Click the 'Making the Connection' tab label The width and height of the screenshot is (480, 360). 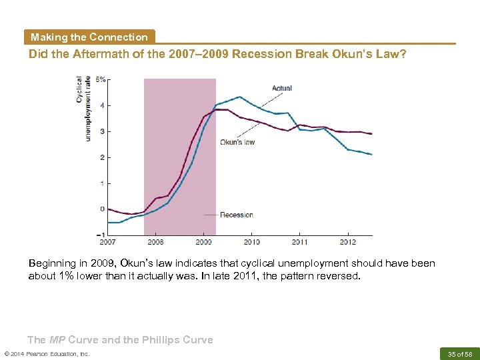click(89, 37)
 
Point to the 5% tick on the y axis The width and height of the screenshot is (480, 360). click(101, 79)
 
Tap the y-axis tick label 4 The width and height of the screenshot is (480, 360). click(102, 105)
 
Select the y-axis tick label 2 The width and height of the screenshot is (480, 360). click(102, 157)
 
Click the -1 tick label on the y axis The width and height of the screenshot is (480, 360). click(100, 235)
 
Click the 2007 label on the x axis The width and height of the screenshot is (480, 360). click(107, 242)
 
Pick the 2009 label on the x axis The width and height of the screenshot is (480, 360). click(203, 242)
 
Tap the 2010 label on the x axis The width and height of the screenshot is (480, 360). click(252, 242)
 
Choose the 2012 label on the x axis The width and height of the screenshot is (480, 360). click(347, 242)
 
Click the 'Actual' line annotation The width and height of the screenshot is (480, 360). click(281, 88)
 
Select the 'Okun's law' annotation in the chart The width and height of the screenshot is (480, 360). click(237, 142)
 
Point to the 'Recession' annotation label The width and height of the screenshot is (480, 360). click(237, 215)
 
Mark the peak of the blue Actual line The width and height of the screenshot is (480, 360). click(240, 97)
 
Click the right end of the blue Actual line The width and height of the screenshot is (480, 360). click(372, 154)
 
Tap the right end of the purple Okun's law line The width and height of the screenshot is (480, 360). click(372, 134)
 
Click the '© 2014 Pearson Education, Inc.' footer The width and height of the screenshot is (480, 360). click(47, 353)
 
